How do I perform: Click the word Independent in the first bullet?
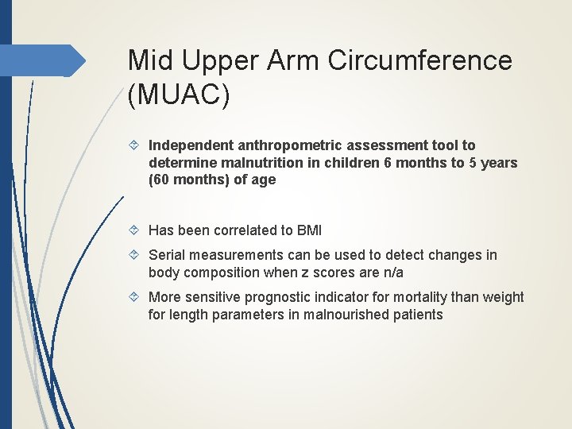(188, 145)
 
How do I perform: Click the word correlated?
(245, 230)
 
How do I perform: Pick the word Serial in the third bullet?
(167, 255)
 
